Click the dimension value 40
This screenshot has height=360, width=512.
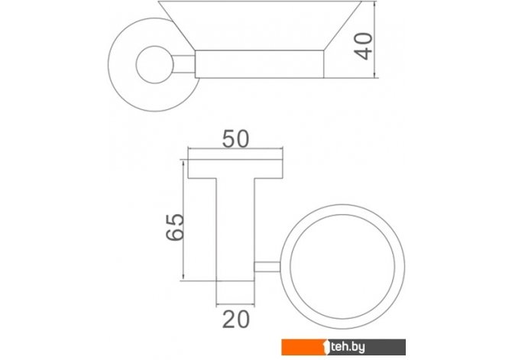(363, 46)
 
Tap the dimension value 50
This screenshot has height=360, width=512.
(235, 139)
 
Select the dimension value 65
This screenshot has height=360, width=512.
(175, 227)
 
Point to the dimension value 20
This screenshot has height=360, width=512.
(236, 319)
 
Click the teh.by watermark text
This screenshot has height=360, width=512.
(348, 347)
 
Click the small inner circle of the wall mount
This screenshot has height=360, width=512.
(154, 64)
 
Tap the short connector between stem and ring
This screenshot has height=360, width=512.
(267, 267)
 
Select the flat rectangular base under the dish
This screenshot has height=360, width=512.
(259, 64)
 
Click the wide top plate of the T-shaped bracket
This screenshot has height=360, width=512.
(235, 169)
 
